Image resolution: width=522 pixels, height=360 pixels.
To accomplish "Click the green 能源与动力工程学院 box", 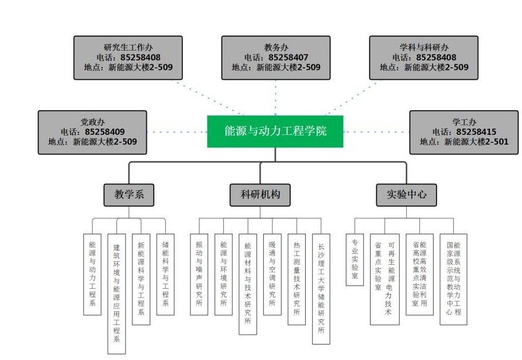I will tap(275, 131).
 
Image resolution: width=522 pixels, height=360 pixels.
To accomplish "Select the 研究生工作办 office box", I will tap(128, 57).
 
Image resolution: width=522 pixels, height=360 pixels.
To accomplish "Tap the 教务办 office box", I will tap(276, 57).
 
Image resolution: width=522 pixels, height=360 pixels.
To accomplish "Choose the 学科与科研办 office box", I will tap(423, 57).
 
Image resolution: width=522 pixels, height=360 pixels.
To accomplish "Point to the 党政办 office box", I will tap(92, 132).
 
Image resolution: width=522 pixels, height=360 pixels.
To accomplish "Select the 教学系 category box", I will tap(128, 195).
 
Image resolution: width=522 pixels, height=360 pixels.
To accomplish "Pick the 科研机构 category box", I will tap(260, 195).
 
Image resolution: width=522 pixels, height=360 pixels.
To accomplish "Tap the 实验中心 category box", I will tap(406, 195).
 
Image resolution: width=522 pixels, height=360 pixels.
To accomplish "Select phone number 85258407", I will tap(288, 57).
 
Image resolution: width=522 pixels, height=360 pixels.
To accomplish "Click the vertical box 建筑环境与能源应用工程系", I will tap(116, 293).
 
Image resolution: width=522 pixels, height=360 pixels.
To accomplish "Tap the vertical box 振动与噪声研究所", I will tap(199, 273).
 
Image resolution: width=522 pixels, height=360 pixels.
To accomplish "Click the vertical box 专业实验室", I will tap(355, 259).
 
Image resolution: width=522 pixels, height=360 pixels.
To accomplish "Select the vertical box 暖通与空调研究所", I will tap(272, 273).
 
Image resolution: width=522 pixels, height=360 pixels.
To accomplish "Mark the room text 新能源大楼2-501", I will tap(476, 142).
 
